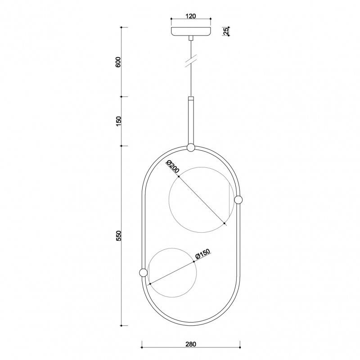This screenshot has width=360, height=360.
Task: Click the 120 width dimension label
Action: tap(191, 16)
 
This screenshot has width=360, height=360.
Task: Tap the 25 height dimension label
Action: tap(226, 31)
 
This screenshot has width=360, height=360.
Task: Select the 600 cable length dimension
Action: tap(118, 62)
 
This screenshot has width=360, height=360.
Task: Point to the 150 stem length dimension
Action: tap(118, 121)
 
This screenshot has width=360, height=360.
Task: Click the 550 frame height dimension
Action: tap(118, 236)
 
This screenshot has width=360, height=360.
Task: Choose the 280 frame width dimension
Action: tap(191, 344)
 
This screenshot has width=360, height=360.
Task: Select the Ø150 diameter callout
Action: tap(203, 254)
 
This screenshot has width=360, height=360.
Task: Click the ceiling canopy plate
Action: tap(191, 31)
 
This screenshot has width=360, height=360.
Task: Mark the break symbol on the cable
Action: tap(191, 61)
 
